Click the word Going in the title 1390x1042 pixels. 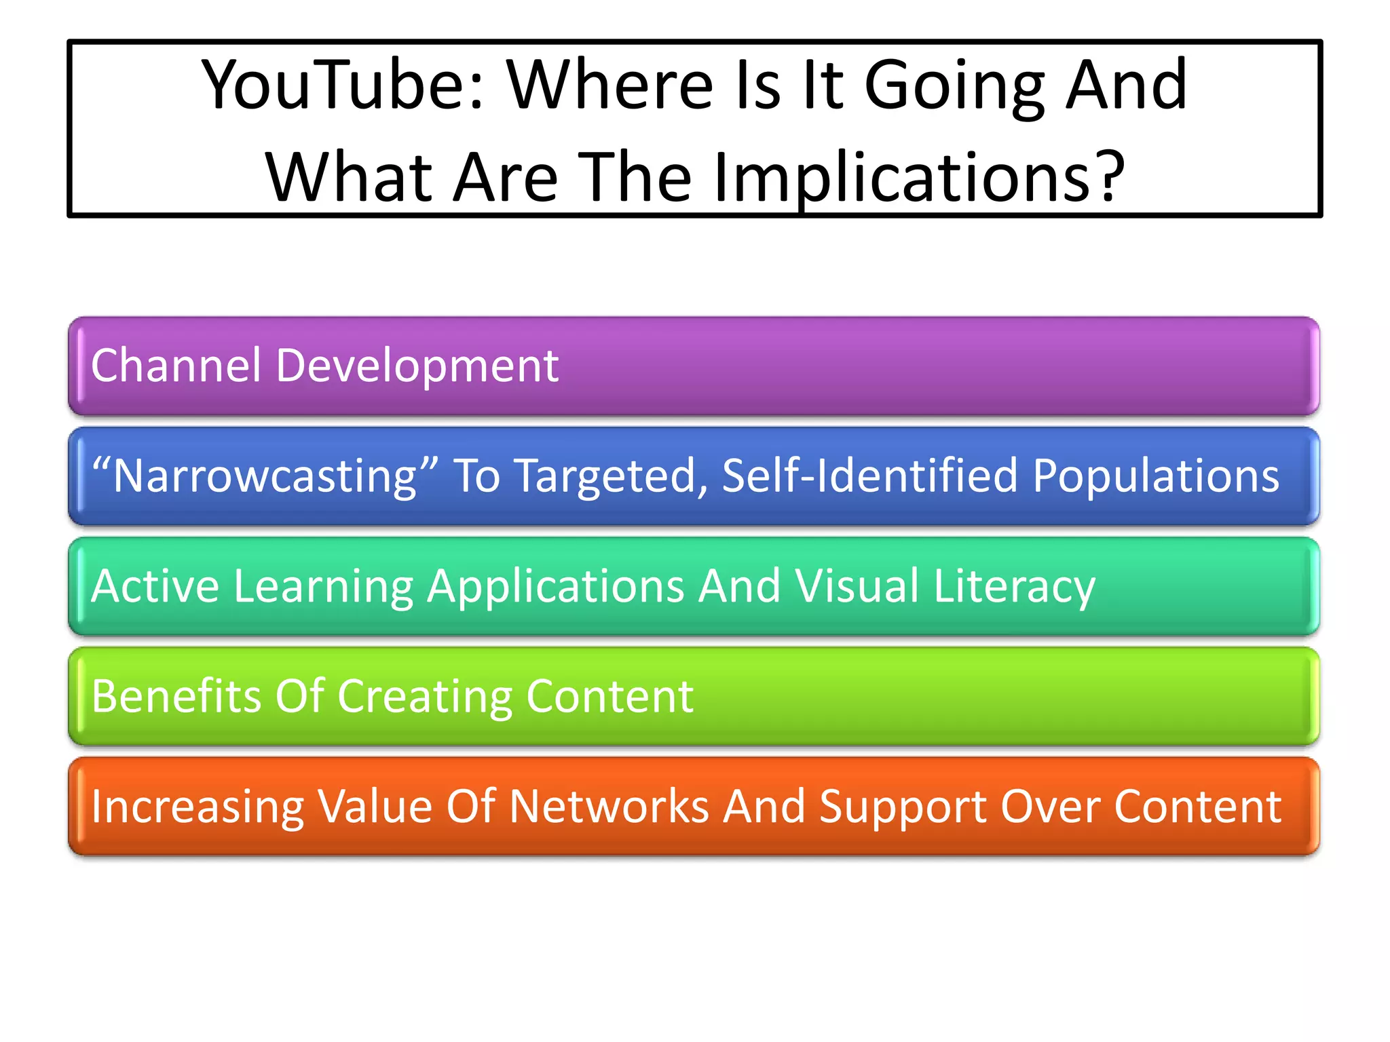pos(954,87)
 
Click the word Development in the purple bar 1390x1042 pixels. pos(417,366)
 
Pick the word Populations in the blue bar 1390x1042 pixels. pos(1155,477)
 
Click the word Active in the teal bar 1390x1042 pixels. pos(155,585)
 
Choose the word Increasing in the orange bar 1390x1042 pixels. pos(197,807)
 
